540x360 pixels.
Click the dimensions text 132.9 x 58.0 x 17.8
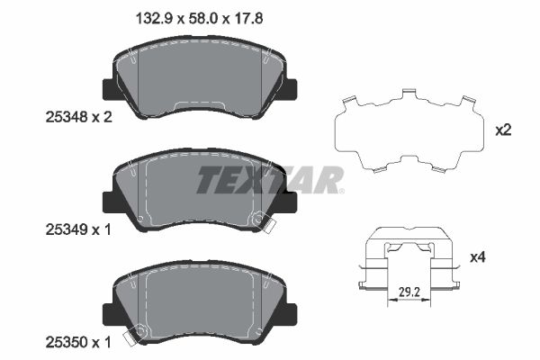[x=185, y=17]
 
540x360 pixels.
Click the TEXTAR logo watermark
[x=270, y=179]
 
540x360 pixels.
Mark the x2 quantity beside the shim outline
[x=503, y=130]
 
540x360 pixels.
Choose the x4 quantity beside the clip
[x=503, y=258]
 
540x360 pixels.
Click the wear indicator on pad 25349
[x=262, y=219]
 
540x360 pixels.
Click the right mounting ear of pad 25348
[x=292, y=89]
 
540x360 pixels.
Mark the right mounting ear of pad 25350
[x=292, y=313]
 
